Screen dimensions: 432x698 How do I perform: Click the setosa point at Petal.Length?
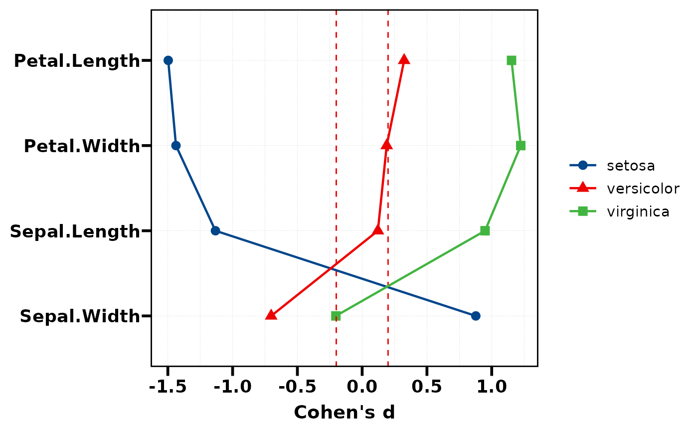[x=168, y=60]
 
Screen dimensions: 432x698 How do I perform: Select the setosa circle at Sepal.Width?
[x=476, y=316]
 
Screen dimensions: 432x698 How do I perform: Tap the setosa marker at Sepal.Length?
[x=215, y=230]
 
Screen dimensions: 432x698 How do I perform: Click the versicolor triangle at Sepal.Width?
[x=271, y=315]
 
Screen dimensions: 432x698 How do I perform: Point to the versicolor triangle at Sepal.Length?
[x=378, y=230]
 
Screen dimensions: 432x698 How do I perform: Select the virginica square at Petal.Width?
[x=521, y=146]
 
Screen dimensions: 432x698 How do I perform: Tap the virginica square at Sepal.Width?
[x=336, y=316]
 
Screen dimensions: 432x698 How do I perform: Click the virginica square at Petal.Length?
[x=512, y=60]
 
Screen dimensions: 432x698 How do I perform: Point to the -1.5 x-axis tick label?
[x=168, y=387]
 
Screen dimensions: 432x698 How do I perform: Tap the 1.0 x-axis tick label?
[x=492, y=387]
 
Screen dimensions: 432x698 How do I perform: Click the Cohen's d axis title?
[x=345, y=413]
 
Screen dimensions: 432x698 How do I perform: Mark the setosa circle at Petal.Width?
[x=176, y=146]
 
